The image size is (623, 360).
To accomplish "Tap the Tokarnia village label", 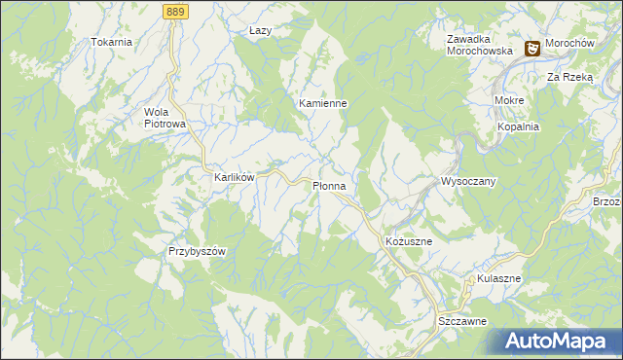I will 111,43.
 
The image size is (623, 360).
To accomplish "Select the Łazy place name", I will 260,31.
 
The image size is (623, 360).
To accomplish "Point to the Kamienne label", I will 323,102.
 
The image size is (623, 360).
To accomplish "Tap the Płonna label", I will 329,185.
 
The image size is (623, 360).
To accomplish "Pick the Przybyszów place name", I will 197,251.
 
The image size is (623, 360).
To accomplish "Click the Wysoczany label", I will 469,182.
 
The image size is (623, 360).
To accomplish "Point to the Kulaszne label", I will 499,279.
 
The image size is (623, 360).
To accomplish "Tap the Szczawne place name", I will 461,321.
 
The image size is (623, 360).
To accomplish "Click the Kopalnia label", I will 518,127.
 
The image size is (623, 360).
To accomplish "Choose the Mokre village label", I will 509,101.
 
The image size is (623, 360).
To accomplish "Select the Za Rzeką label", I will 569,76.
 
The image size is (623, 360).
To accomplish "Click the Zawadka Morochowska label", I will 479,45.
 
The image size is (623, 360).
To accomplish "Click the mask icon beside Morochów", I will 533,48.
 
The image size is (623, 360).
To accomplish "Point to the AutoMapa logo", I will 561,342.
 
